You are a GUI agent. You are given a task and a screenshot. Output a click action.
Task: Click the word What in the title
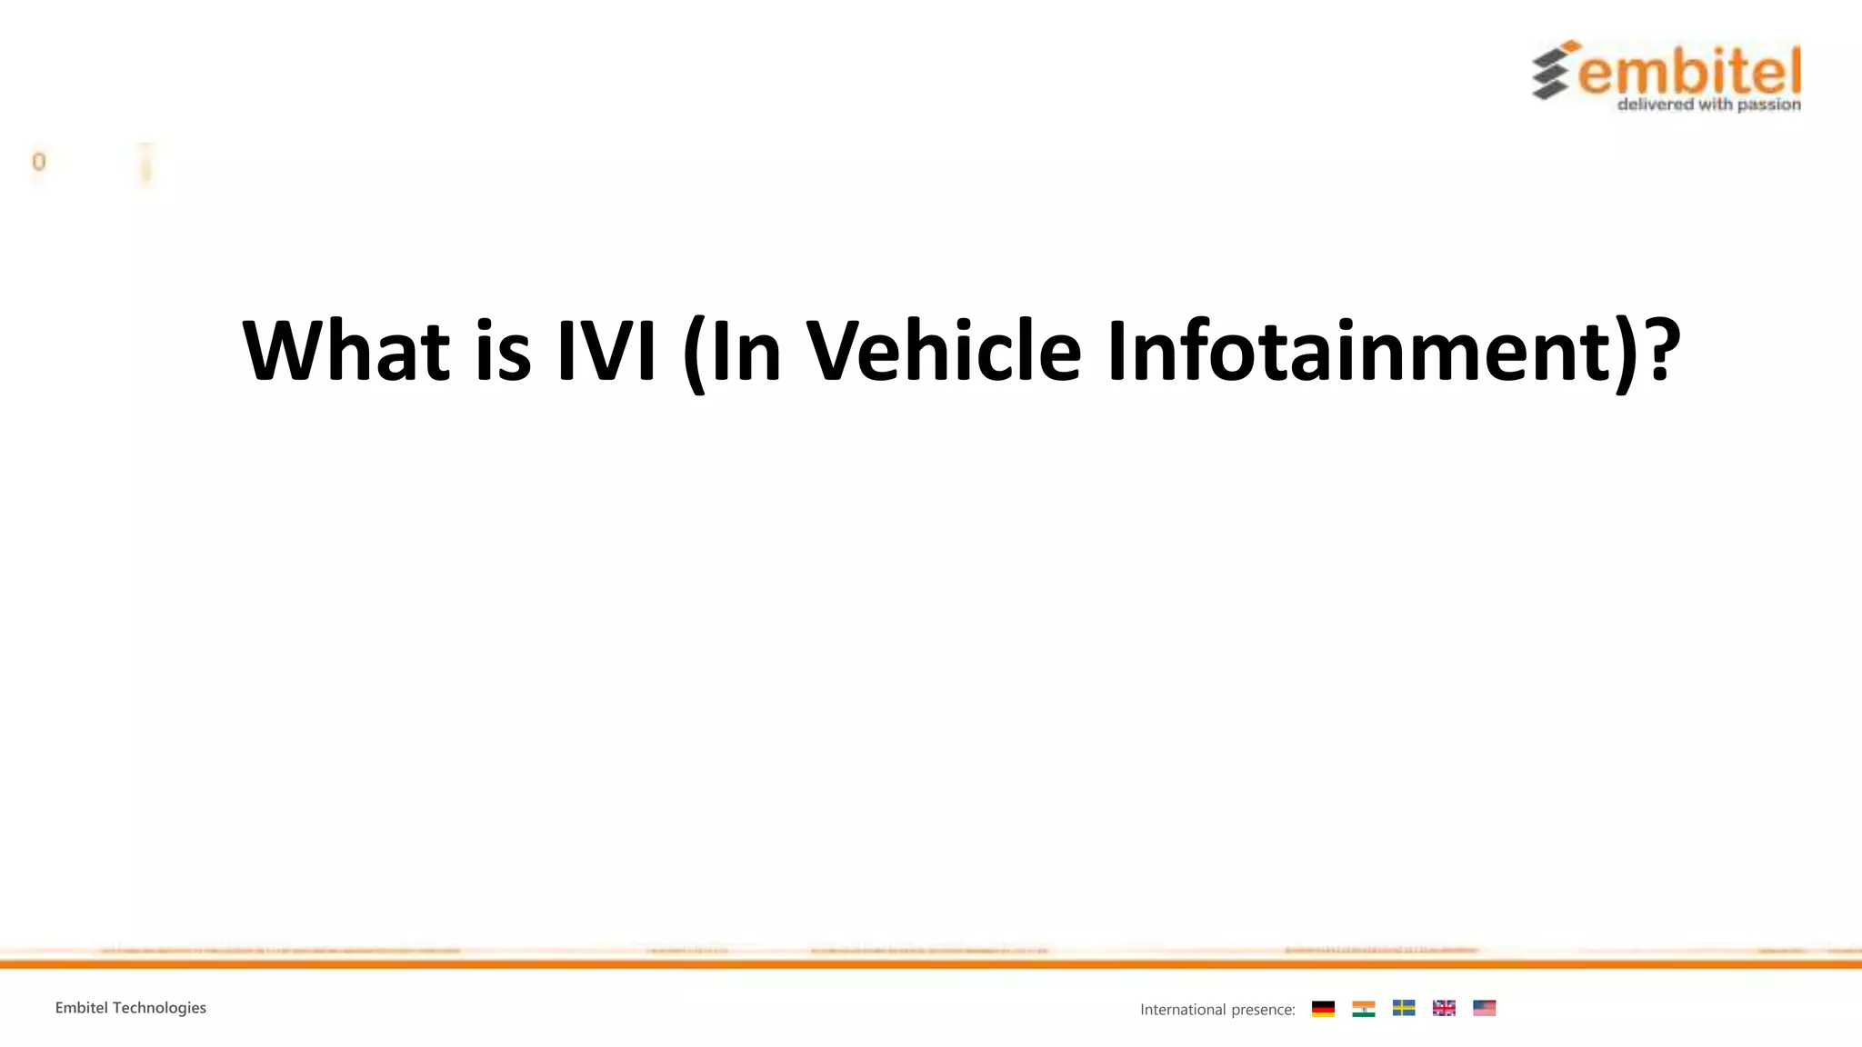pos(346,351)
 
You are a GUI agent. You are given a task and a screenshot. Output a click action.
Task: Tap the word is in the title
pos(503,351)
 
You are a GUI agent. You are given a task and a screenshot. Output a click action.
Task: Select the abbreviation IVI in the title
pos(606,351)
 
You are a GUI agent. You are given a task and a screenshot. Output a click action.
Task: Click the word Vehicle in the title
pos(945,351)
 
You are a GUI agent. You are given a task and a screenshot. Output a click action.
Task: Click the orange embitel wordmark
pos(1689,72)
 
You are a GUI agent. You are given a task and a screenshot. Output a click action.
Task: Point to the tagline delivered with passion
pos(1708,105)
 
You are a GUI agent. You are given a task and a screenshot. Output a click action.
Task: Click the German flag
pos(1323,1009)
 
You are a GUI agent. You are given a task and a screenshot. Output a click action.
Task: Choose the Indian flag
pos(1364,1009)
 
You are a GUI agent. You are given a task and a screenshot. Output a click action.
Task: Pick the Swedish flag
pos(1404,1008)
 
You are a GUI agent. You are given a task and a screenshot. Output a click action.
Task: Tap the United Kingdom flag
pos(1444,1008)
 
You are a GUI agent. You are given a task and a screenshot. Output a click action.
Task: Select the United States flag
pos(1485,1008)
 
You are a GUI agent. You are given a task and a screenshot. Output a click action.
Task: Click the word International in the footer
pos(1183,1010)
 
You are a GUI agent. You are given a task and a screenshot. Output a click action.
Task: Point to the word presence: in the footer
pos(1263,1010)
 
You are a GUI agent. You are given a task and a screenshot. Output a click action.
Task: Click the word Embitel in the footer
pos(81,1008)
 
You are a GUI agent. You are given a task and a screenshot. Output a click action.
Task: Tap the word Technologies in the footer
pos(159,1008)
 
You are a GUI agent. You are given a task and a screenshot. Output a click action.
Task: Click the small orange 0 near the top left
pos(38,162)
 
